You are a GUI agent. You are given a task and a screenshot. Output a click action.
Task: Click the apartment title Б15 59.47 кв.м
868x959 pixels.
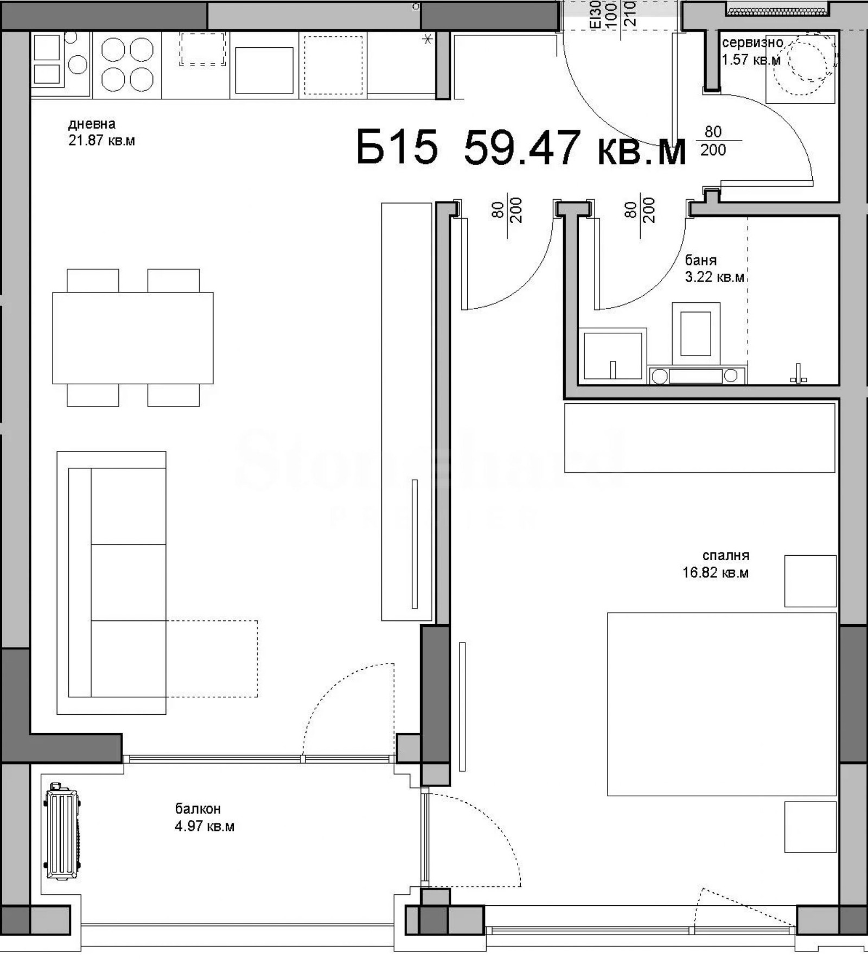point(521,148)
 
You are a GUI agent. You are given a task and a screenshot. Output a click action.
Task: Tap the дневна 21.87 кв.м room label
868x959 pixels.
point(101,132)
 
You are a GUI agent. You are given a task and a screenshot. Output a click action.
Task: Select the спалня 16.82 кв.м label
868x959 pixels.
point(716,564)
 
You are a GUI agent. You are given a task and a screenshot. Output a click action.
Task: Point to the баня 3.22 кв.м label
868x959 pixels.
point(714,269)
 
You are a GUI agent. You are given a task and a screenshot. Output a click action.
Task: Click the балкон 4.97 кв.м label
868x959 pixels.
point(205,817)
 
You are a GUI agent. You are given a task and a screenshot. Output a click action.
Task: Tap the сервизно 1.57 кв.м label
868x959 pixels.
point(752,51)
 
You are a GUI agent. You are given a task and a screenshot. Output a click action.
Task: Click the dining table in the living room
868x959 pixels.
point(133,338)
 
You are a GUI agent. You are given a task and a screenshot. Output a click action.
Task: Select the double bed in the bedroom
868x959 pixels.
point(722,704)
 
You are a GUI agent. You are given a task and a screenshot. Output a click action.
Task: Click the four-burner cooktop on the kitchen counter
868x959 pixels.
point(127,64)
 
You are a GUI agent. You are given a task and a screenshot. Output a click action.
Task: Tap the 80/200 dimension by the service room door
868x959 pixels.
point(713,141)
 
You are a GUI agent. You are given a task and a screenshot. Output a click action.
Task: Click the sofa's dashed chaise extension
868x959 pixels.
point(212,658)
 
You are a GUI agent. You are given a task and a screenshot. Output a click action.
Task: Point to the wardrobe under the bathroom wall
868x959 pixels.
point(699,437)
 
